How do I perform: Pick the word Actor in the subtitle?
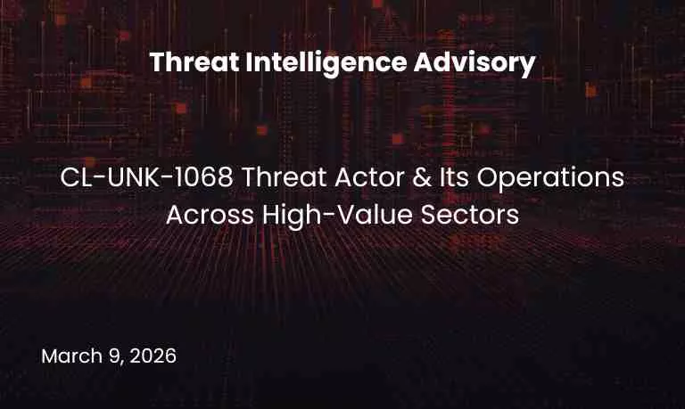pyautogui.click(x=343, y=177)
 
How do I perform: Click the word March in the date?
pyautogui.click(x=70, y=356)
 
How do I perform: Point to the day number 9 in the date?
pyautogui.click(x=112, y=356)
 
